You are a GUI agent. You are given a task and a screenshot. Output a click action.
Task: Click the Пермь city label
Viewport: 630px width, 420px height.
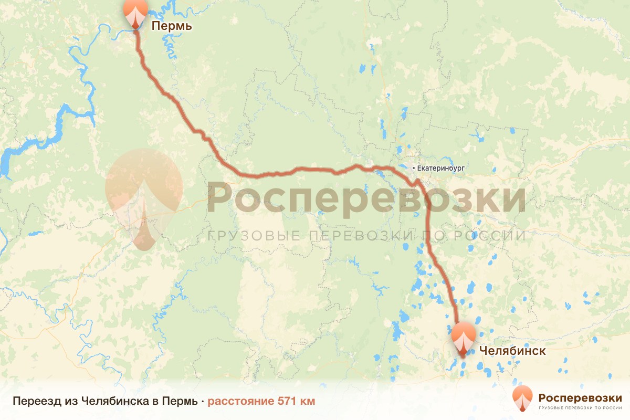[172, 26]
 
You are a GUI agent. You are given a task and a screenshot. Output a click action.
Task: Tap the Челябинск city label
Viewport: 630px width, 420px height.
[512, 351]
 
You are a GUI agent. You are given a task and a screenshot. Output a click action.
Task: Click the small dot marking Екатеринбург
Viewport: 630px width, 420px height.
[413, 168]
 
